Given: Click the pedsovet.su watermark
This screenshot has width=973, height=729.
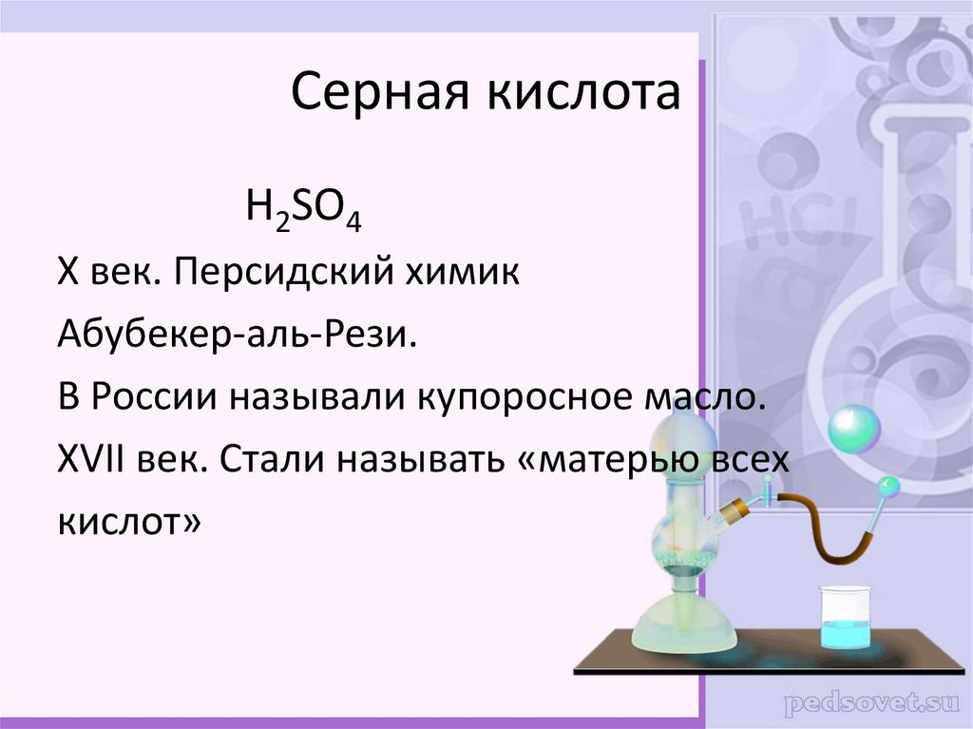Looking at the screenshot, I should (x=866, y=705).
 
